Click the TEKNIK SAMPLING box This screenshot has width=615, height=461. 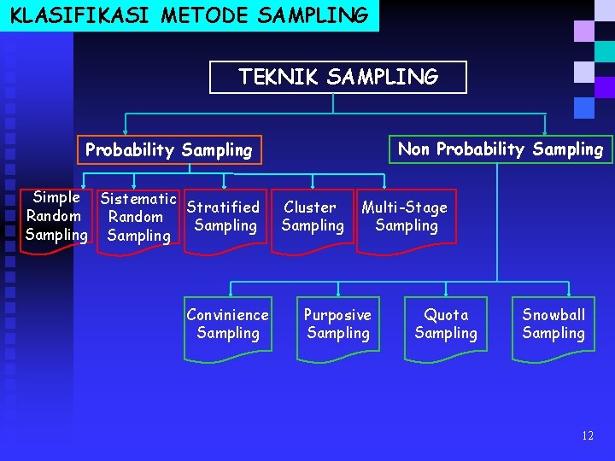(x=338, y=77)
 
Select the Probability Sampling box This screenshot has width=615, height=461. (x=169, y=150)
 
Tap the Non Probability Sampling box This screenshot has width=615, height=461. (x=501, y=149)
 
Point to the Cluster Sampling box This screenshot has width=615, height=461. (x=312, y=217)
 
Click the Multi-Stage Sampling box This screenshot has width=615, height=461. (x=406, y=217)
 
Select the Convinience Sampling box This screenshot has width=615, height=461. (x=227, y=324)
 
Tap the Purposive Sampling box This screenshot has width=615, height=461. (x=338, y=324)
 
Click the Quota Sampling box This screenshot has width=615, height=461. (x=446, y=324)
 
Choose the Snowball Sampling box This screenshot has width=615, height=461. (x=553, y=324)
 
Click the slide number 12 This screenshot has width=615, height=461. (x=587, y=435)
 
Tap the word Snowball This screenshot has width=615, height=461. (x=553, y=315)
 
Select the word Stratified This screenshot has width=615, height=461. (x=223, y=207)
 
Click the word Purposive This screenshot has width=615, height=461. (x=337, y=315)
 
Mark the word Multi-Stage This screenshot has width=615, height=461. (x=404, y=207)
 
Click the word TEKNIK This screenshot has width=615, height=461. (x=275, y=77)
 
